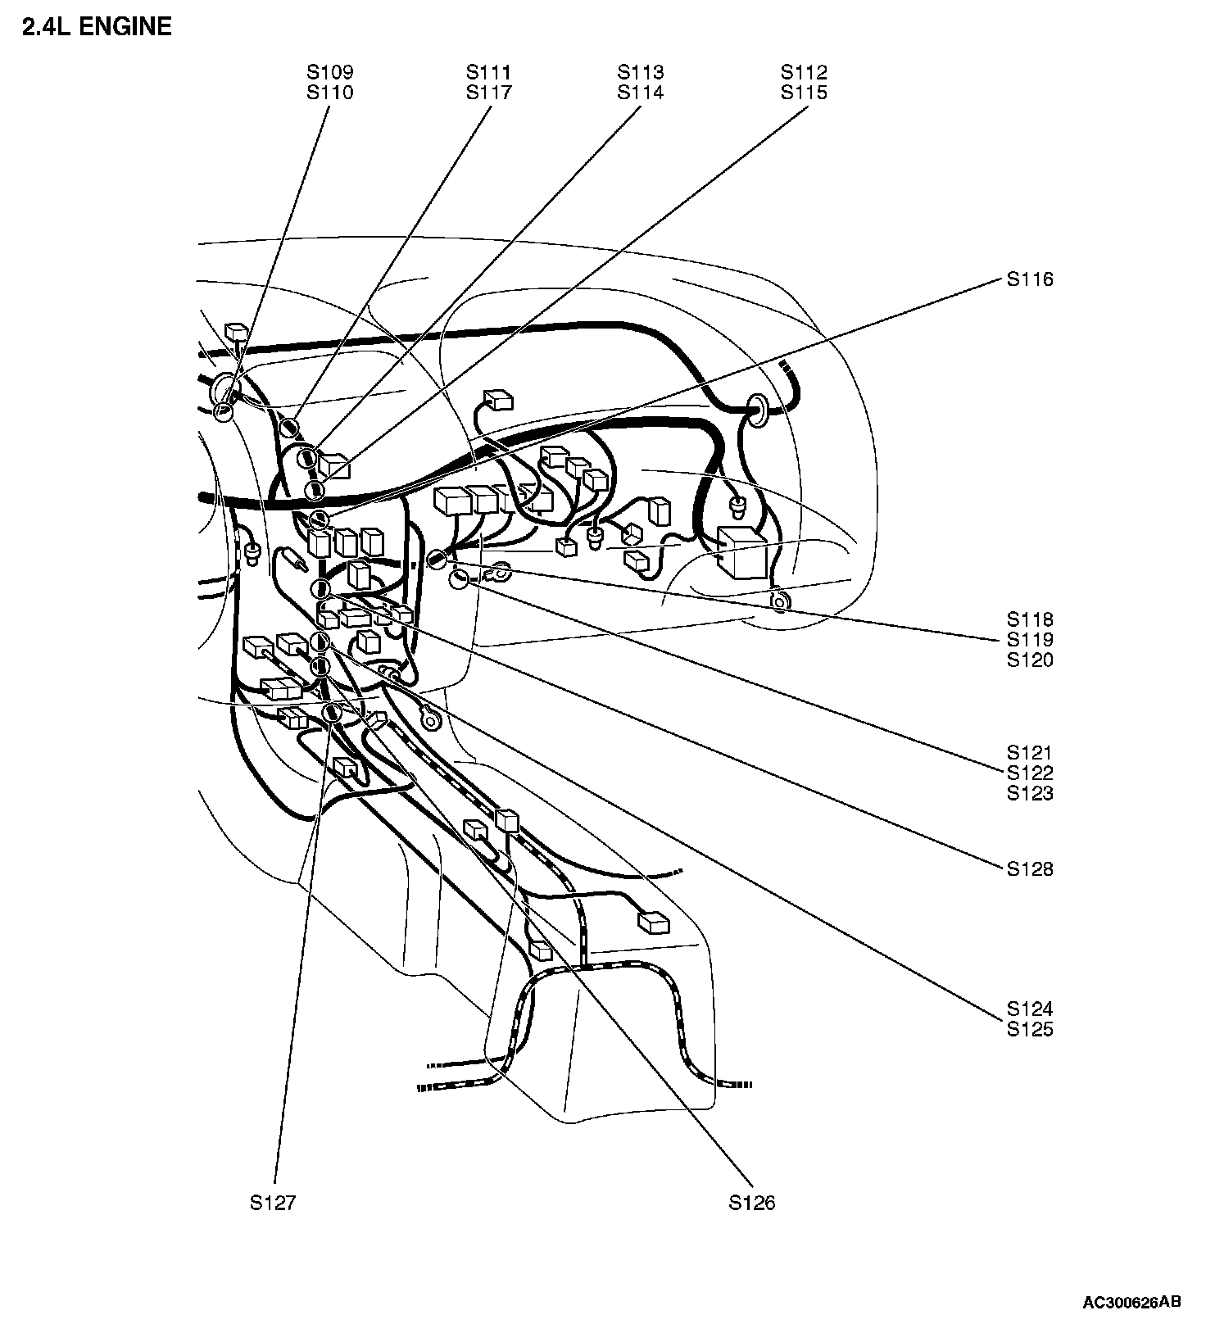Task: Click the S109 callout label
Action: click(x=330, y=73)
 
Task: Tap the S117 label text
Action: click(x=489, y=93)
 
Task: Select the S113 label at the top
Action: click(x=641, y=73)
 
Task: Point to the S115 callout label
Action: click(x=804, y=93)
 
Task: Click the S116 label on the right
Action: click(x=1030, y=279)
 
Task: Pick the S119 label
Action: click(x=1030, y=640)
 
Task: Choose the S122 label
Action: click(x=1030, y=773)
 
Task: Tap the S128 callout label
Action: click(x=1030, y=868)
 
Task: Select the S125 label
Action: click(x=1030, y=1029)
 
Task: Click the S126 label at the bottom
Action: click(x=752, y=1203)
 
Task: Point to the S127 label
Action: click(x=273, y=1203)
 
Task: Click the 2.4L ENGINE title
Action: click(x=97, y=27)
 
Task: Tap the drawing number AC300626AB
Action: click(x=1132, y=1303)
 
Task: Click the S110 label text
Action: click(x=330, y=93)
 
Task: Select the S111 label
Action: click(x=489, y=73)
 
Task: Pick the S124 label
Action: click(x=1030, y=1009)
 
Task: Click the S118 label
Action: click(x=1030, y=619)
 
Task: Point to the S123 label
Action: click(x=1030, y=793)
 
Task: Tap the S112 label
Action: click(x=804, y=73)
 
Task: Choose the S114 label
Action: click(x=641, y=93)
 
